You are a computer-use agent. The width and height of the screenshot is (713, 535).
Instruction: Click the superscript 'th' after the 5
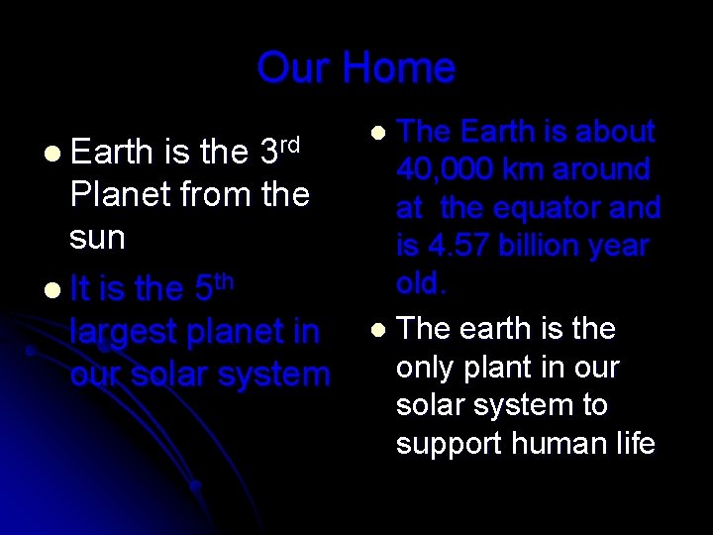(225, 280)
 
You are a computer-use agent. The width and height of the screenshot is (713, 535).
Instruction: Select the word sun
(97, 238)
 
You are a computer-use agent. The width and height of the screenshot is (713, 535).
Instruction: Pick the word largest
(126, 333)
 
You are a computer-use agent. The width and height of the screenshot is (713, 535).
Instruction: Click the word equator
(542, 209)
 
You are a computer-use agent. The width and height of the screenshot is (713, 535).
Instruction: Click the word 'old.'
(422, 284)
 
